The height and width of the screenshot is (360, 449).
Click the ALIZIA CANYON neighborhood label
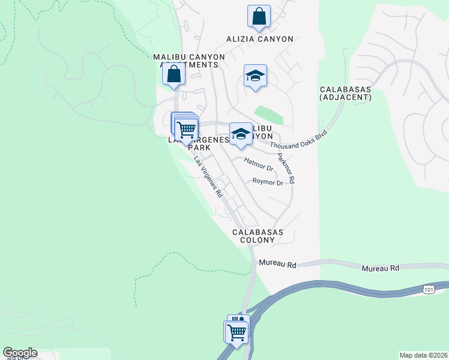click(259, 39)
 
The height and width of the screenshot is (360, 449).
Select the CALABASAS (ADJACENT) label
click(345, 93)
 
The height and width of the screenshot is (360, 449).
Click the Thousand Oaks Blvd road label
click(298, 140)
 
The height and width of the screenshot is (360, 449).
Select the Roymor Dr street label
click(267, 182)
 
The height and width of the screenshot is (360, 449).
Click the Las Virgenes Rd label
click(208, 177)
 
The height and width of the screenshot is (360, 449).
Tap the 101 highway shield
click(428, 290)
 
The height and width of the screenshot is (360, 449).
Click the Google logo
click(19, 353)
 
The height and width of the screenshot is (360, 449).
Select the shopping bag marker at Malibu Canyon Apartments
click(174, 75)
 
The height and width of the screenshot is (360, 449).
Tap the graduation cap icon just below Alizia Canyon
click(255, 76)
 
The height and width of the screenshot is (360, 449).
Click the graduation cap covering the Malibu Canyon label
click(241, 134)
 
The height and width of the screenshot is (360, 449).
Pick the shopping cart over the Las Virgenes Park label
click(187, 129)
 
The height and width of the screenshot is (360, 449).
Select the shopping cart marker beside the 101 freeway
click(237, 331)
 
